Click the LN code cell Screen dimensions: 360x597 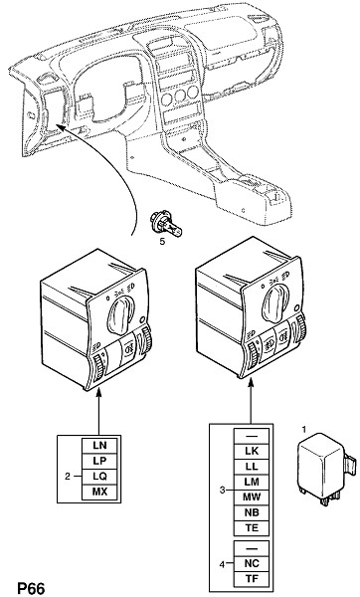coord(99,446)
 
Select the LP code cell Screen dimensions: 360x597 coord(99,461)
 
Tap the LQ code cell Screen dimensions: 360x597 coord(99,477)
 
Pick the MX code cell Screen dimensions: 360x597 coord(99,492)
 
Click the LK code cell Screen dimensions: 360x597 coord(252,452)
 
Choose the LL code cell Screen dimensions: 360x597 coord(252,467)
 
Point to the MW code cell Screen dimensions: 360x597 coord(252,497)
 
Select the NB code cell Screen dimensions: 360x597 coord(252,513)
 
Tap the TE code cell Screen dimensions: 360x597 coord(252,528)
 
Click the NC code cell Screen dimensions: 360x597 coord(252,563)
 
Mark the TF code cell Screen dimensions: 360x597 coord(252,579)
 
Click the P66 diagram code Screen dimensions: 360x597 coord(31,588)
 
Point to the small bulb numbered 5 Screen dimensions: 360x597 coord(166,226)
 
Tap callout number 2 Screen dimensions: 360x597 coord(68,477)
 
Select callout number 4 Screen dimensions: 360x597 coord(222,564)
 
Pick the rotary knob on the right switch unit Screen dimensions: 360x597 coord(276,301)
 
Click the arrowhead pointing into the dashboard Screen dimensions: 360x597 coord(60,126)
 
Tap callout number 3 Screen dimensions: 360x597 coord(222,490)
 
